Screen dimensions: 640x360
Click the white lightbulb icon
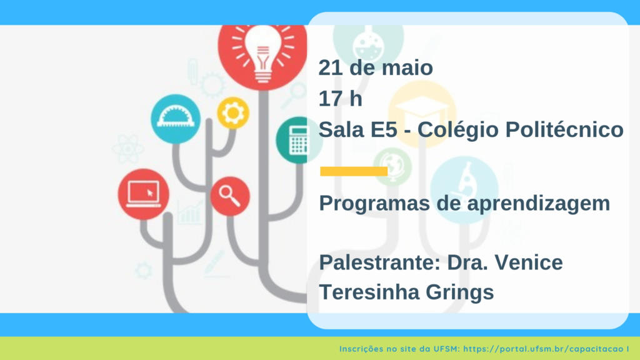tap(263, 53)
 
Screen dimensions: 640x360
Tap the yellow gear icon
tap(233, 113)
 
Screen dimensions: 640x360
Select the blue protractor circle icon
tap(176, 119)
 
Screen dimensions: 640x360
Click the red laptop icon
tap(143, 194)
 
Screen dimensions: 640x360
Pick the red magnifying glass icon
tap(230, 196)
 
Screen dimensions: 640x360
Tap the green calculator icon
tap(299, 141)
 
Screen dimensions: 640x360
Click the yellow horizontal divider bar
tap(354, 171)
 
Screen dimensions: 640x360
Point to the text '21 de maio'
tap(376, 67)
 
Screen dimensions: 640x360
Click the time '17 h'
tap(341, 99)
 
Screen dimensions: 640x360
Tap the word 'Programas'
tap(374, 204)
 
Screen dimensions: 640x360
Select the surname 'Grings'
tap(459, 292)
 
